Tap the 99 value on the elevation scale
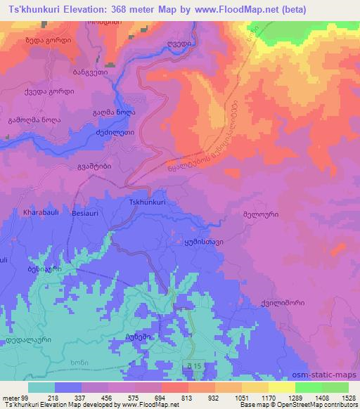click(x=25, y=398)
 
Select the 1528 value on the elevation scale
click(x=348, y=398)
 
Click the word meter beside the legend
click(x=11, y=398)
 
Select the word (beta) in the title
click(x=337, y=10)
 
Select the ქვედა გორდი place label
click(x=45, y=92)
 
